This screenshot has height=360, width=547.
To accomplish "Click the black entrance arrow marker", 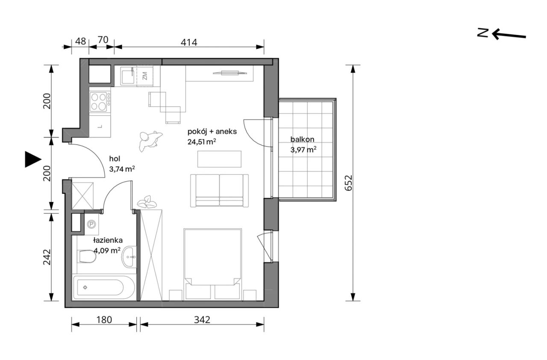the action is (33, 159).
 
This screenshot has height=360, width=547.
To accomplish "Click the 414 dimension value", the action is (189, 42).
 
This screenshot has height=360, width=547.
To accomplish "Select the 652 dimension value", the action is (348, 183).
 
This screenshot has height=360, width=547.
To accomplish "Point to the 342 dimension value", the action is (202, 320).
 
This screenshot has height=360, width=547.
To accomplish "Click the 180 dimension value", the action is (104, 320).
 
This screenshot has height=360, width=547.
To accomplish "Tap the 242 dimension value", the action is (47, 257).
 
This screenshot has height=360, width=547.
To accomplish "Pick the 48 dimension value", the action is (80, 41).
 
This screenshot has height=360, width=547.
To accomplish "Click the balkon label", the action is (302, 139).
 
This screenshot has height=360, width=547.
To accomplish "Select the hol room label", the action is (115, 159).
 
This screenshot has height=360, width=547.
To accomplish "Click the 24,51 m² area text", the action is (202, 142).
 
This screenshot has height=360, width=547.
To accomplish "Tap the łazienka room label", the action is (108, 240).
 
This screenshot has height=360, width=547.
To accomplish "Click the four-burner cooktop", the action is (100, 101).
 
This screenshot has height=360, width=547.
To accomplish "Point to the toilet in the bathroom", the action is (87, 257).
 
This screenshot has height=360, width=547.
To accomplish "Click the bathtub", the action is (104, 287).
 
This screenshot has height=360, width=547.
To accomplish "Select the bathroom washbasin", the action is (129, 257).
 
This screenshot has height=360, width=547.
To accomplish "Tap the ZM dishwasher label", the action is (145, 76).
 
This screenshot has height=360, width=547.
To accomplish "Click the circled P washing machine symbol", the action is (91, 224).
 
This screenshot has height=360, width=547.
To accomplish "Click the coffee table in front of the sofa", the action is (219, 159).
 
